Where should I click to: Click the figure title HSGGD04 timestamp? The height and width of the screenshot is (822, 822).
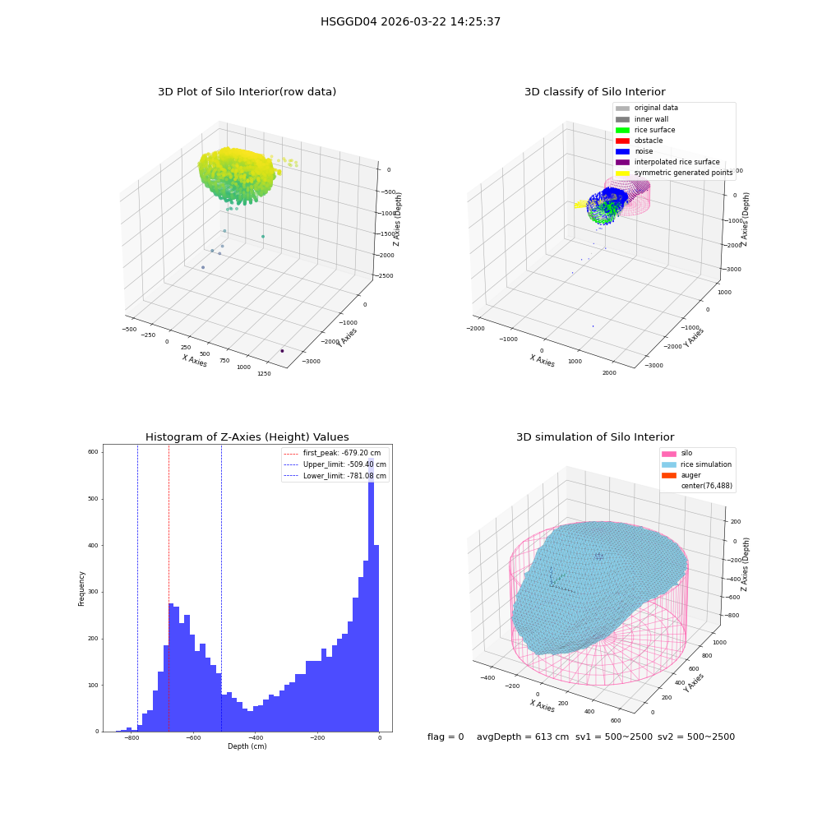[x=410, y=21]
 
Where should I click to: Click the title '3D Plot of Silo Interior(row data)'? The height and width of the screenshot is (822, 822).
[x=247, y=92]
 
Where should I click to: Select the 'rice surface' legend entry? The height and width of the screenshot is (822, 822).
[x=645, y=130]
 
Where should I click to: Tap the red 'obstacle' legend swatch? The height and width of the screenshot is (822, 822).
[x=622, y=141]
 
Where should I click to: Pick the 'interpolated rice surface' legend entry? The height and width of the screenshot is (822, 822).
[x=667, y=162]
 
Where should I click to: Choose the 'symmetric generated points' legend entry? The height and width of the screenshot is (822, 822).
[x=674, y=173]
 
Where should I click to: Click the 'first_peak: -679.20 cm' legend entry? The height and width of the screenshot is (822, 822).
[x=332, y=453]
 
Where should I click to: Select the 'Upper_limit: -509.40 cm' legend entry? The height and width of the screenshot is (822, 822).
[x=335, y=464]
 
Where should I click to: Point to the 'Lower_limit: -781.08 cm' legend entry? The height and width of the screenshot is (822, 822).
[x=335, y=476]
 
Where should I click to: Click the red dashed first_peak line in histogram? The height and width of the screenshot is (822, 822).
[x=169, y=589]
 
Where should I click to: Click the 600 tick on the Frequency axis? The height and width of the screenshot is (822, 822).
[x=93, y=452]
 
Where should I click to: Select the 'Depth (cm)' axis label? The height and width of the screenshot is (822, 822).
[x=247, y=746]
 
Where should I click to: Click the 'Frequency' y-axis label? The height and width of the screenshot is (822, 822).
[x=81, y=589]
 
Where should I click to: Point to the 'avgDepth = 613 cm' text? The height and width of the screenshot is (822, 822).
[x=523, y=737]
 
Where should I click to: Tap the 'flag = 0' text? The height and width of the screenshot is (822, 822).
[x=446, y=737]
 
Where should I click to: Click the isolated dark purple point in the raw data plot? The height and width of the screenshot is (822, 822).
[x=282, y=351]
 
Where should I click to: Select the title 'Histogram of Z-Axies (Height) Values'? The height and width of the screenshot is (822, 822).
[x=247, y=437]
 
